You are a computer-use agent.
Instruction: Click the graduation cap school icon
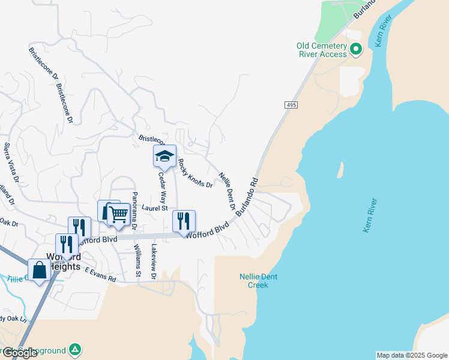click(x=164, y=156)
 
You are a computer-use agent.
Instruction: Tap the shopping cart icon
click(x=119, y=214)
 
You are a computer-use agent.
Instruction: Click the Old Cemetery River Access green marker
click(x=355, y=49)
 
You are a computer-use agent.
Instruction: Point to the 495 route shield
click(x=291, y=105)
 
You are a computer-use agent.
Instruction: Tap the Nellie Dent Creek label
click(x=258, y=280)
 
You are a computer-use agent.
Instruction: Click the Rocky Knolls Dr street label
click(x=195, y=173)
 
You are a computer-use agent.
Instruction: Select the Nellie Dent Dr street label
click(x=227, y=191)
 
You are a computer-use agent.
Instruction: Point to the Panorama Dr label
click(x=134, y=210)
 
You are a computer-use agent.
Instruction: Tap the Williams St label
click(x=137, y=260)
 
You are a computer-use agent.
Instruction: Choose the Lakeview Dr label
click(x=154, y=262)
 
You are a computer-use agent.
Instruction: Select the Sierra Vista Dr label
click(x=11, y=163)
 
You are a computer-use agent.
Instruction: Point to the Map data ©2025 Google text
click(x=411, y=355)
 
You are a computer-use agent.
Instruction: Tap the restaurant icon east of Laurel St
click(x=184, y=221)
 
